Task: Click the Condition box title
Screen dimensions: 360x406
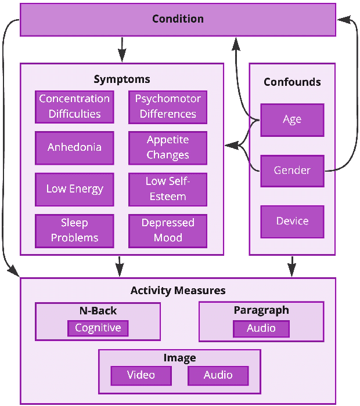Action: [x=178, y=19]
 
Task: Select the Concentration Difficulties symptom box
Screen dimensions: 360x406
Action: [x=74, y=107]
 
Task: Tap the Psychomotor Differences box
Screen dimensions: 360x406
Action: [x=168, y=107]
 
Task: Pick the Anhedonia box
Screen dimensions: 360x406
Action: [x=74, y=148]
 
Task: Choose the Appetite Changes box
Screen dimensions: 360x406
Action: [x=168, y=148]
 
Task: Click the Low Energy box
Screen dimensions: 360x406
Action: [x=74, y=189]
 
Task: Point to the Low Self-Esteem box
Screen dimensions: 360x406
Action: [x=168, y=189]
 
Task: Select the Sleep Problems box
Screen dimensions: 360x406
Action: [x=74, y=231]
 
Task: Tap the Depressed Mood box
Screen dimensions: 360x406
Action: [x=168, y=231]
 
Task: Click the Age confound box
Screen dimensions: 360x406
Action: [x=292, y=120]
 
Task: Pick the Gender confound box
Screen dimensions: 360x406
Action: [x=292, y=171]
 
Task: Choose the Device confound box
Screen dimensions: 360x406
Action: [x=292, y=222]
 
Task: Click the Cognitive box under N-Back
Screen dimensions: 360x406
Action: [x=98, y=328]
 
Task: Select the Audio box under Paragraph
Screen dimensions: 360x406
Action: [x=261, y=329]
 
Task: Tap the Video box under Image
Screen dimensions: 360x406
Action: [x=141, y=375]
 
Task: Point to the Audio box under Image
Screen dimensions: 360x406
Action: [x=218, y=375]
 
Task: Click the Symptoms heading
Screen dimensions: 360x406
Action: [x=122, y=79]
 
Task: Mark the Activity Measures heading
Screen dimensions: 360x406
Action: [x=178, y=291]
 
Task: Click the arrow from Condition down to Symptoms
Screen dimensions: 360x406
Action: [x=122, y=49]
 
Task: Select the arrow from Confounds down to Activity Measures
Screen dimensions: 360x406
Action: [x=292, y=267]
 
